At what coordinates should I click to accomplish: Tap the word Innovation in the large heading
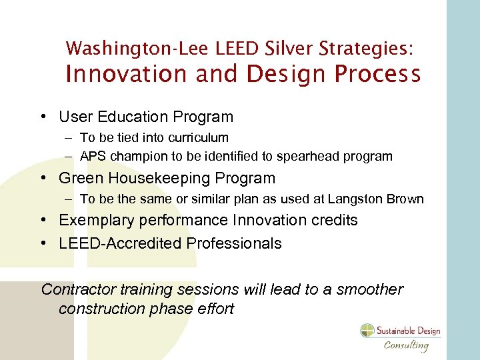pyautogui.click(x=127, y=74)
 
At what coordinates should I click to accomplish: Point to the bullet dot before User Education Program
pyautogui.click(x=43, y=117)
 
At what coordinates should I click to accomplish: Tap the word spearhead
pyautogui.click(x=323, y=157)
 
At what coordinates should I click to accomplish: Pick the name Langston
pyautogui.click(x=362, y=199)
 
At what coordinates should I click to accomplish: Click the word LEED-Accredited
pyautogui.click(x=120, y=244)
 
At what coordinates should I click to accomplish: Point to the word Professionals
pyautogui.click(x=234, y=244)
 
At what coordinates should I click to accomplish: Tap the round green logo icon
pyautogui.click(x=368, y=331)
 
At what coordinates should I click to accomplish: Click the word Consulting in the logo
pyautogui.click(x=406, y=345)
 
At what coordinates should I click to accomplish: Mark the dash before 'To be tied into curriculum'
pyautogui.click(x=69, y=138)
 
